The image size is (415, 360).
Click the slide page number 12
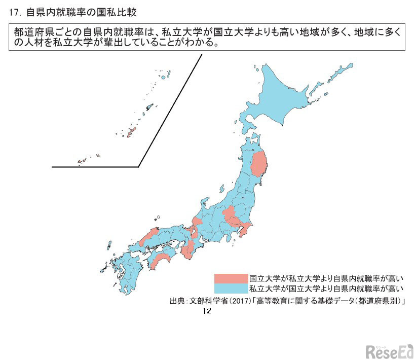pos(206,311)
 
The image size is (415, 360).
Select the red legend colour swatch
pos(231,278)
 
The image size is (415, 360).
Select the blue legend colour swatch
pos(231,289)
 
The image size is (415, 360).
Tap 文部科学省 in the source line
pos(207,301)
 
